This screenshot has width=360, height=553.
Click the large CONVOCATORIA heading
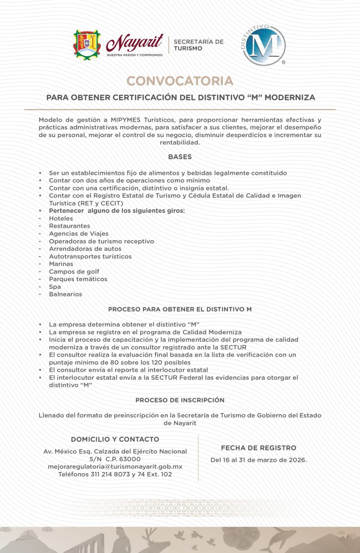click(180, 81)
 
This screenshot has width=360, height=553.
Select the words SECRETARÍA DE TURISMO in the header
click(198, 45)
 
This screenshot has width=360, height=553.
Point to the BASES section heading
click(180, 157)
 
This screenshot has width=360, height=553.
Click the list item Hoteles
click(61, 219)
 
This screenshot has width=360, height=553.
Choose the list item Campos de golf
click(74, 271)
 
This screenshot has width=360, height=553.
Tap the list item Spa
click(55, 287)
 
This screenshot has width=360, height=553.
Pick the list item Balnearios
click(66, 294)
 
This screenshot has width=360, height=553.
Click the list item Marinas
click(61, 264)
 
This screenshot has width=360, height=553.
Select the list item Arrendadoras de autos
click(85, 249)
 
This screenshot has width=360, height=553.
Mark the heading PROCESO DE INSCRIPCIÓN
click(180, 400)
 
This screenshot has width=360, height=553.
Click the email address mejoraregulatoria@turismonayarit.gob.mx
click(115, 467)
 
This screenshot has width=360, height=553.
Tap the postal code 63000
click(130, 459)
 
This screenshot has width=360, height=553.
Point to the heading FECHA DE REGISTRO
click(258, 448)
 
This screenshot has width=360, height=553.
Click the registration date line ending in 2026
click(258, 460)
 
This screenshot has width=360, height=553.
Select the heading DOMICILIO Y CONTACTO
click(115, 439)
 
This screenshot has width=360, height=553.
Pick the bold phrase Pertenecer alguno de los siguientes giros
click(117, 211)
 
